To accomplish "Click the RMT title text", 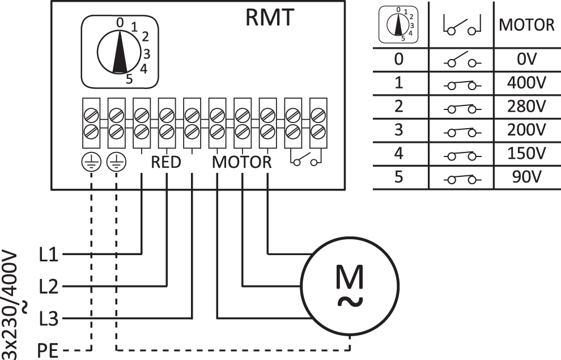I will click(x=270, y=18).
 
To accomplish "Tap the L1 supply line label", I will click(x=49, y=254).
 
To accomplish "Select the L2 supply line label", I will click(x=49, y=287).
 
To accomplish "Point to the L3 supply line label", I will click(x=49, y=319).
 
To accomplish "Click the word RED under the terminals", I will click(x=165, y=163).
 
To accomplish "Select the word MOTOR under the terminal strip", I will click(x=242, y=163).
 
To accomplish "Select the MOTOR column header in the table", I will click(x=526, y=26).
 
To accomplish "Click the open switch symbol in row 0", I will click(x=462, y=60).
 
